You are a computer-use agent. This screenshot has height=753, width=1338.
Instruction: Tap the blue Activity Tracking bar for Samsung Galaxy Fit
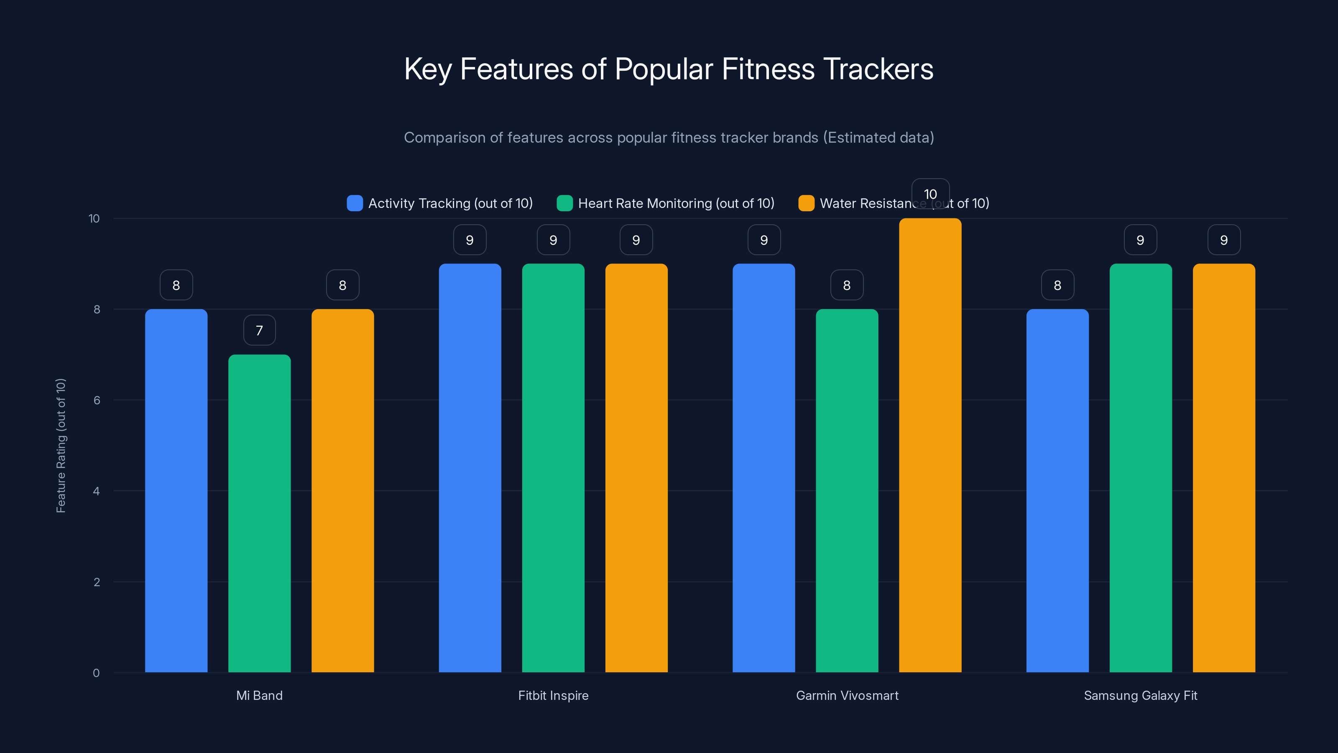pos(1057,491)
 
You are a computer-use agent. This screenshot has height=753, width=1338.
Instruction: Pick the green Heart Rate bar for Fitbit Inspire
pos(553,468)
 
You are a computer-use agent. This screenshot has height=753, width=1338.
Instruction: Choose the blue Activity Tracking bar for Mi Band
pos(176,491)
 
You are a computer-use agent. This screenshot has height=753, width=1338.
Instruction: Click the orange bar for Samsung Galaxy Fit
pos(1224,468)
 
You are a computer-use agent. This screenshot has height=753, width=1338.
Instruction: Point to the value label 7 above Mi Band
pos(259,330)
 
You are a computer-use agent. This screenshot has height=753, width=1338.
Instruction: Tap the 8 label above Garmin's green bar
pos(847,285)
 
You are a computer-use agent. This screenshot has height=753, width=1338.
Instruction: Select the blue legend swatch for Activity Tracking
pos(355,203)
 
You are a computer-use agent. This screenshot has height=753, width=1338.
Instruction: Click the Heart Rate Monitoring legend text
pos(676,203)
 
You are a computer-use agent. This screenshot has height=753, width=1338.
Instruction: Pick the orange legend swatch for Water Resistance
pos(806,203)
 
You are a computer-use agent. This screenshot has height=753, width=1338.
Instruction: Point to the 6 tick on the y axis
pos(97,400)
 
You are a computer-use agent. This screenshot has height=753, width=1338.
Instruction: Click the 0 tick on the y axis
pos(96,673)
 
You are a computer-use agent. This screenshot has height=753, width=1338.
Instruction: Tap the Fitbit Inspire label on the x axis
pos(553,695)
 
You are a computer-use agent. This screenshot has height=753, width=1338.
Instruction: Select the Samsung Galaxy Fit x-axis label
pos(1140,695)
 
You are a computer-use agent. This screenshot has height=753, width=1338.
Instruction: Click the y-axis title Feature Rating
pos(61,446)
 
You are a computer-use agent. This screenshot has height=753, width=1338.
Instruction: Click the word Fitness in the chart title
pos(768,69)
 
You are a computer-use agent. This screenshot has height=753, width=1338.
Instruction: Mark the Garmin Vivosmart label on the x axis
pos(847,695)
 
